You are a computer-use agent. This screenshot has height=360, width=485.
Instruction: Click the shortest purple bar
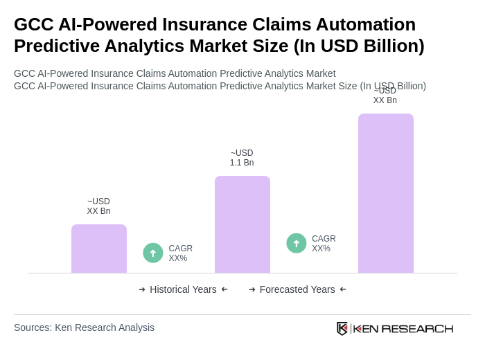click(x=99, y=249)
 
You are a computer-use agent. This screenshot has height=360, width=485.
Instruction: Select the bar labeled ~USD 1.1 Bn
click(x=242, y=224)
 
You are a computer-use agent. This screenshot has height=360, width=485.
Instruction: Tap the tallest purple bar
click(x=386, y=193)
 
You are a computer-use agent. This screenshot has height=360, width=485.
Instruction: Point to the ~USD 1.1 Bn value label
click(x=242, y=158)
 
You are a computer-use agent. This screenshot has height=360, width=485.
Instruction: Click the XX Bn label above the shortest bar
click(x=98, y=206)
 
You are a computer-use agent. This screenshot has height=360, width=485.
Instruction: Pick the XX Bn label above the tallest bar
click(x=385, y=96)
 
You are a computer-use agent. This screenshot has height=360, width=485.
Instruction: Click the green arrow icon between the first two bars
click(x=153, y=253)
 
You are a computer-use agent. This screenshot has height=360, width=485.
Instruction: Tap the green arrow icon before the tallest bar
click(x=297, y=243)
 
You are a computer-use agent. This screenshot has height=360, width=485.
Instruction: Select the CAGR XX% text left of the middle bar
click(x=181, y=253)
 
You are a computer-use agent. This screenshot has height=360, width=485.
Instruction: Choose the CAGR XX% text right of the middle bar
click(x=324, y=244)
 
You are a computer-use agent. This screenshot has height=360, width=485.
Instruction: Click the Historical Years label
click(x=183, y=289)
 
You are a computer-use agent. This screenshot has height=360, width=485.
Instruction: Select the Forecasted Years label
click(x=297, y=289)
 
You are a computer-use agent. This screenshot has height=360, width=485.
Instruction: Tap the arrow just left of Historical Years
click(x=142, y=289)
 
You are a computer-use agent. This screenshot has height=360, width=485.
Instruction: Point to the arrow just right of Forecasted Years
click(x=343, y=289)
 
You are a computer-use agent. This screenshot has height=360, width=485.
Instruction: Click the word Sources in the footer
click(x=32, y=327)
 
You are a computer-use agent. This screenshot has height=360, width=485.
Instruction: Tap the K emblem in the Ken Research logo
click(x=342, y=328)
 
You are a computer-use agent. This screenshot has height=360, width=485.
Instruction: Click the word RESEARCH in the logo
click(x=417, y=329)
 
